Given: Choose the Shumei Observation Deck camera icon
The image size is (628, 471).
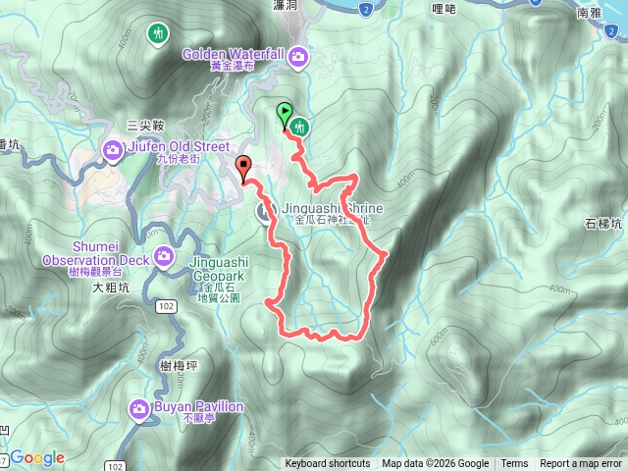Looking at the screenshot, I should tap(163, 258).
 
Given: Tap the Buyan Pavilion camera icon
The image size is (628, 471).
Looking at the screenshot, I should tap(138, 407).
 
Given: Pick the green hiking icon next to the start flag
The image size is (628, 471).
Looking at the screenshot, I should tap(298, 127).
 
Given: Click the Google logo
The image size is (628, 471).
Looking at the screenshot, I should tap(37, 457).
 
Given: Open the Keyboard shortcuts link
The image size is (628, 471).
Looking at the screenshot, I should tap(328, 464).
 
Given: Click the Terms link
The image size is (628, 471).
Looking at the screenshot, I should tap(514, 464).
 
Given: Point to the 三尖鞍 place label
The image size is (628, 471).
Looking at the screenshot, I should tap(144, 125).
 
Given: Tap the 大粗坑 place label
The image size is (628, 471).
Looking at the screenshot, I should tap(111, 289).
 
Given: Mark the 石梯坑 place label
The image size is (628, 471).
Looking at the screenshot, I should tap(602, 224).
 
